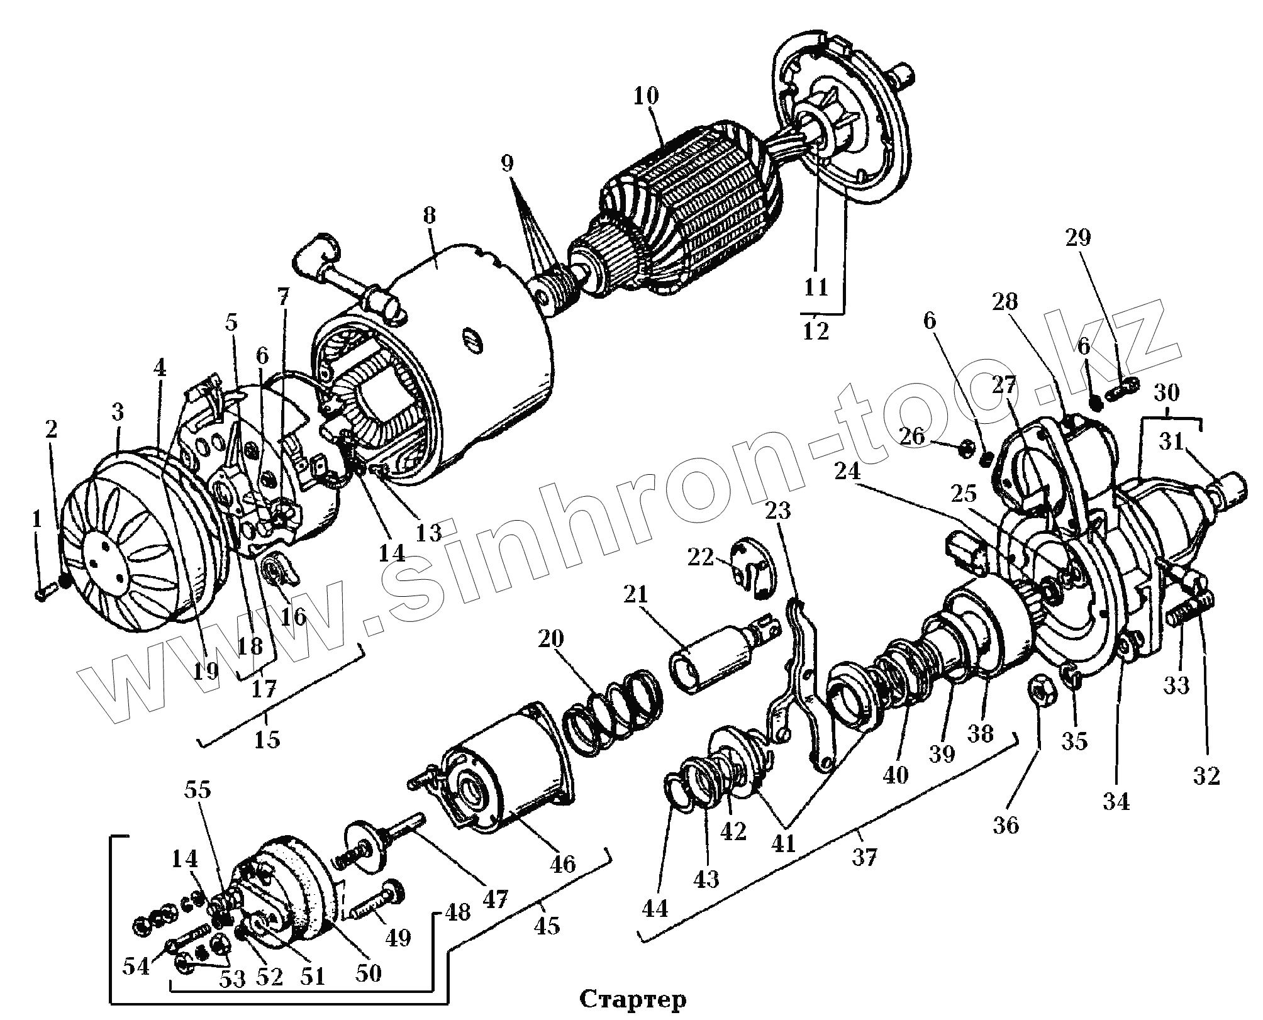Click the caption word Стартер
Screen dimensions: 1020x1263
pyautogui.click(x=632, y=998)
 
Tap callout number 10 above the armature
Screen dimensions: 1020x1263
pyautogui.click(x=646, y=96)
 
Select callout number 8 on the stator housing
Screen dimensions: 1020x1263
pyautogui.click(x=429, y=216)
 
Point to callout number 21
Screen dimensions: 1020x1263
pyautogui.click(x=635, y=595)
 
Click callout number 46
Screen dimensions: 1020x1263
pyautogui.click(x=562, y=863)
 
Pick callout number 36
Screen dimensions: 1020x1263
pyautogui.click(x=1006, y=824)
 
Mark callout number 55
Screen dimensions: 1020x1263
pyautogui.click(x=198, y=790)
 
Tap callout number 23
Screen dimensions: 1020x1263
pyautogui.click(x=777, y=511)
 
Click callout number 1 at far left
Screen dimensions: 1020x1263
pyautogui.click(x=36, y=519)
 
